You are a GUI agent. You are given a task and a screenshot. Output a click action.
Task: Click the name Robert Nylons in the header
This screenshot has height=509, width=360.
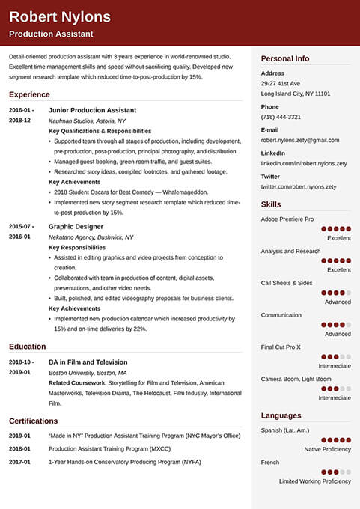(x=60, y=17)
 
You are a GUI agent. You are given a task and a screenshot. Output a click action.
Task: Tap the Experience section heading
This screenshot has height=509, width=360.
(x=29, y=95)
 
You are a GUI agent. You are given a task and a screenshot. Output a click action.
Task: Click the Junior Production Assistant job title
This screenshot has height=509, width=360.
(x=92, y=110)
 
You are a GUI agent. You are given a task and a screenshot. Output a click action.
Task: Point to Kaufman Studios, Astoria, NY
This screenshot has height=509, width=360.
(x=87, y=121)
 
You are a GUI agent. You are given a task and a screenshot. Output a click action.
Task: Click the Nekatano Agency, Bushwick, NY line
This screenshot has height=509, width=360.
(x=91, y=237)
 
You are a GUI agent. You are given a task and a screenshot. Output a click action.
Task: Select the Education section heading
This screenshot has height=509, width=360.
(x=27, y=347)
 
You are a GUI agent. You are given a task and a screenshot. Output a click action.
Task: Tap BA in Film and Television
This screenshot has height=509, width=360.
(x=88, y=362)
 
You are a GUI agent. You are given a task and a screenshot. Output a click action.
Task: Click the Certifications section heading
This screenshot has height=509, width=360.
(x=33, y=421)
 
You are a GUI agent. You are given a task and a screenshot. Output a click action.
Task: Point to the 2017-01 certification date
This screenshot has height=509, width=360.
(x=19, y=462)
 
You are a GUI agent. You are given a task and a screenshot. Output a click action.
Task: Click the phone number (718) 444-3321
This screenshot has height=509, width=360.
(x=281, y=117)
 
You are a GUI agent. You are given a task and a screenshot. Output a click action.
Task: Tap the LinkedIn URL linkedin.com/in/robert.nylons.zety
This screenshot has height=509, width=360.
(x=303, y=163)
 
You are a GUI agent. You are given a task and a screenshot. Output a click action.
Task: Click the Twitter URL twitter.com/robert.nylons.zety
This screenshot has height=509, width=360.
(x=298, y=186)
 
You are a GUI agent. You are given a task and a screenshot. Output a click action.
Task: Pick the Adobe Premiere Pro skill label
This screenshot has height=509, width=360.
(x=287, y=219)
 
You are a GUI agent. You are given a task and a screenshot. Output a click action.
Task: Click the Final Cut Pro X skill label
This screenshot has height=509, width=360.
(x=281, y=347)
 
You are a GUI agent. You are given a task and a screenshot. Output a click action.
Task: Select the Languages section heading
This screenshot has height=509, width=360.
(x=281, y=415)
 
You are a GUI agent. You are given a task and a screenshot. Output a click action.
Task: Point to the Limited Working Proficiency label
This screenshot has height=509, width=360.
(x=314, y=481)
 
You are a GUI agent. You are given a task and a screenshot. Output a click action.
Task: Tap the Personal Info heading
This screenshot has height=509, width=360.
(x=284, y=58)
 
